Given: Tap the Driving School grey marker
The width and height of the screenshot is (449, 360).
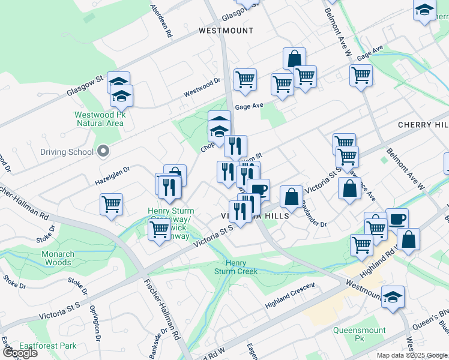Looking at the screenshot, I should click(x=103, y=151).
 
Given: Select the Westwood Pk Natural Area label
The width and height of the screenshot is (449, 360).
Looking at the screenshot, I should click(x=100, y=119).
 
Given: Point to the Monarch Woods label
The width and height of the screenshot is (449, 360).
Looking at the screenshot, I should click(x=57, y=258).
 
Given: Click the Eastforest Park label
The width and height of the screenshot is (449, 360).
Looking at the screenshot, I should click(x=48, y=346).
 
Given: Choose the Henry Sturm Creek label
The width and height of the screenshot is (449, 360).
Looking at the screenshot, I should click(x=236, y=267).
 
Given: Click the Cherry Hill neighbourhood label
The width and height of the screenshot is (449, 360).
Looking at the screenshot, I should click(x=423, y=125).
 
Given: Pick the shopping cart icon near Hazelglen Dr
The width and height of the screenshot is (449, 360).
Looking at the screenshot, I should click(x=112, y=203).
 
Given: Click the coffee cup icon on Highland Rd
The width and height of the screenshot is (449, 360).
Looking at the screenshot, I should click(x=397, y=218).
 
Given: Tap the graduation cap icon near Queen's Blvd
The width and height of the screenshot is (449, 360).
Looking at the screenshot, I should click(x=393, y=296).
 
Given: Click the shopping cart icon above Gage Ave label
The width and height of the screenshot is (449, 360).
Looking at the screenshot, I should click(x=244, y=79).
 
